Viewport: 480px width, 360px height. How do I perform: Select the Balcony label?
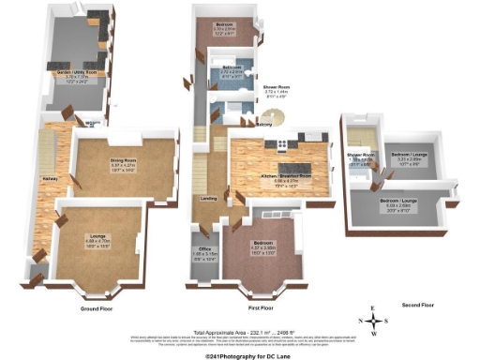coord(265,123)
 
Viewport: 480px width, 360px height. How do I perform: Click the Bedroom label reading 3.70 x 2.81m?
coord(223,27)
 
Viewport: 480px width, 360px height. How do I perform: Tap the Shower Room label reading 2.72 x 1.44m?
coord(277,87)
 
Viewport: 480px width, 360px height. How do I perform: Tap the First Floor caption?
coord(257,307)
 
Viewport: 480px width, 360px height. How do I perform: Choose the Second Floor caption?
coord(418,305)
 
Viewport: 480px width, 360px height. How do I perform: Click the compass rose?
coord(375,320)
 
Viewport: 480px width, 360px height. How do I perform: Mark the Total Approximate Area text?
coord(240,333)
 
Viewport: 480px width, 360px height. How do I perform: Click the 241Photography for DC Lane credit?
coord(240,355)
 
